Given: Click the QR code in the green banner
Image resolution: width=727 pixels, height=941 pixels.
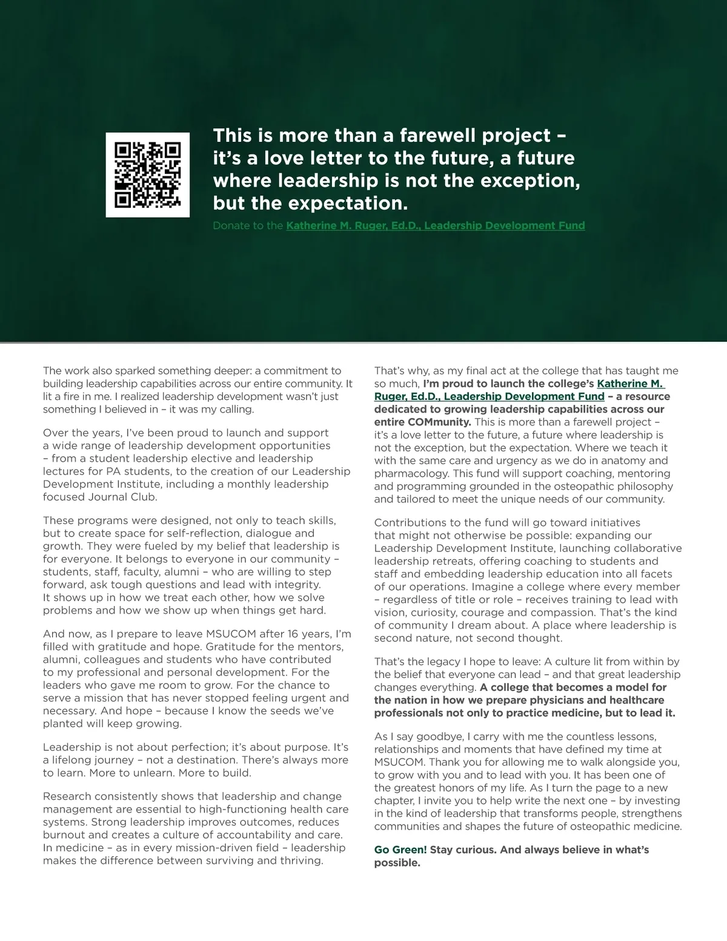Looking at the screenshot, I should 147,175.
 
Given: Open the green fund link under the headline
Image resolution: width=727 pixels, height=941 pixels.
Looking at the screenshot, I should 435,226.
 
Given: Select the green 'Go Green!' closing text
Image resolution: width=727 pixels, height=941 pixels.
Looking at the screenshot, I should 400,850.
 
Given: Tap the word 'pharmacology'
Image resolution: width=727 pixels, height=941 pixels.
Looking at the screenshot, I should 408,473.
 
